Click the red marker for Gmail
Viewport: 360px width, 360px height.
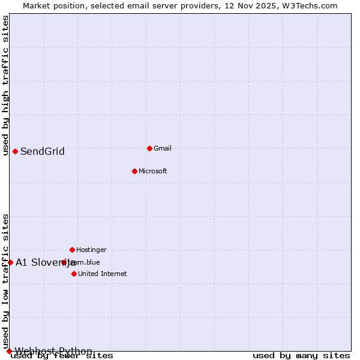[x=149, y=148]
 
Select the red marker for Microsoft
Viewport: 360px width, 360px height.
[x=134, y=171]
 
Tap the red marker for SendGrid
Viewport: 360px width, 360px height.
[x=15, y=151]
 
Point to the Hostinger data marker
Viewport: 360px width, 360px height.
[x=72, y=250]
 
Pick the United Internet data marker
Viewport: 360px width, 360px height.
[x=74, y=274]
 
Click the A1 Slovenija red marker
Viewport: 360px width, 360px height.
[x=10, y=262]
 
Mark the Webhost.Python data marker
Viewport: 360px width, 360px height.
[x=9, y=351]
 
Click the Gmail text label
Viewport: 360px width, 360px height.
[x=163, y=148]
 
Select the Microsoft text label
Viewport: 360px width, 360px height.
[x=153, y=171]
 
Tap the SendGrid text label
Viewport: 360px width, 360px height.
[x=43, y=151]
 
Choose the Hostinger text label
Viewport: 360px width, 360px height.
[x=91, y=250]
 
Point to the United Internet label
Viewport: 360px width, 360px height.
[x=103, y=274]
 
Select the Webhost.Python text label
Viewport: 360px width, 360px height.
[x=53, y=351]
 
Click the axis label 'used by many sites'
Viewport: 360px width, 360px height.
[x=301, y=356]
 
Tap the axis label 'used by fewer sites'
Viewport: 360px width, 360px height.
[x=62, y=356]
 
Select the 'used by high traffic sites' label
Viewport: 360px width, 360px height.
[x=5, y=86]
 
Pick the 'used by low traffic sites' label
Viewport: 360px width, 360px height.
[x=5, y=281]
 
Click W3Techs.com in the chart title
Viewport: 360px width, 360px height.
[x=310, y=5]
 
